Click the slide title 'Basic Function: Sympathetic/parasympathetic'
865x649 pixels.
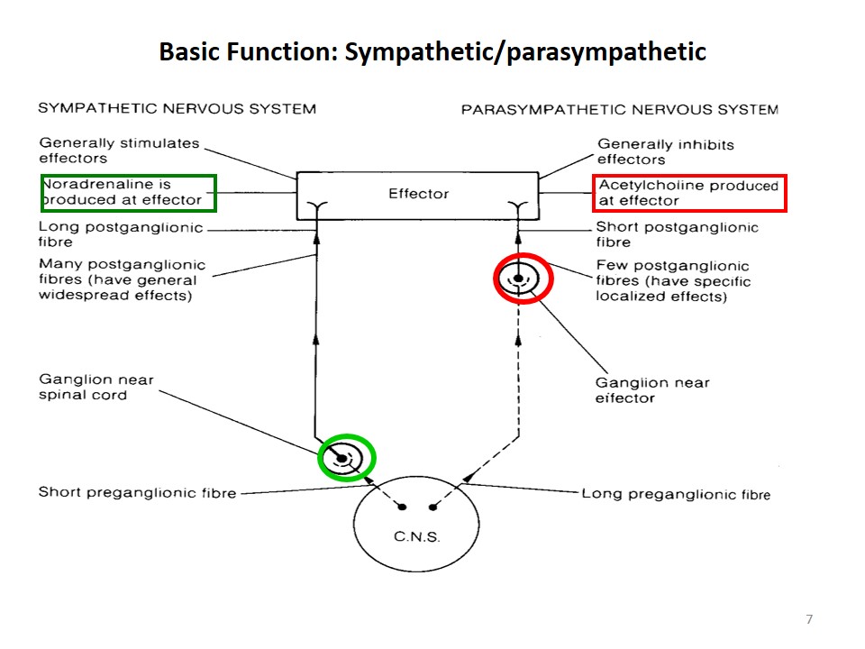coord(432,52)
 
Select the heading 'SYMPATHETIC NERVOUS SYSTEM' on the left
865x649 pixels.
coord(177,109)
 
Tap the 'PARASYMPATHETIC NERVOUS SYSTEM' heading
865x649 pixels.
coord(619,110)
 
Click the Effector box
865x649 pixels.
coord(418,194)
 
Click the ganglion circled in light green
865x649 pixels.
coord(347,459)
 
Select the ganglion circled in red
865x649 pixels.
coord(523,279)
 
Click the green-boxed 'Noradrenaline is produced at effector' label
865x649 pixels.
coord(128,193)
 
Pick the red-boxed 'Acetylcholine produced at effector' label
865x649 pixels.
coord(689,194)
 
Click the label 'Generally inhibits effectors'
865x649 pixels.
coord(666,152)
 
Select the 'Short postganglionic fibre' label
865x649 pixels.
coord(677,235)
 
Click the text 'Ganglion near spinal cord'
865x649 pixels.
coord(96,388)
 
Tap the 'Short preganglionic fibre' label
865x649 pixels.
coord(137,493)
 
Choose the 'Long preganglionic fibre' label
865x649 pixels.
coord(676,494)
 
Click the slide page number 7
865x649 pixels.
coord(808,619)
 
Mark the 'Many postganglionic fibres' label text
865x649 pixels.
coord(122,280)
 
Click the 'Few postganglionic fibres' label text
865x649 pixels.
coord(672,281)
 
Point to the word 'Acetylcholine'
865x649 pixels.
coord(644,187)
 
